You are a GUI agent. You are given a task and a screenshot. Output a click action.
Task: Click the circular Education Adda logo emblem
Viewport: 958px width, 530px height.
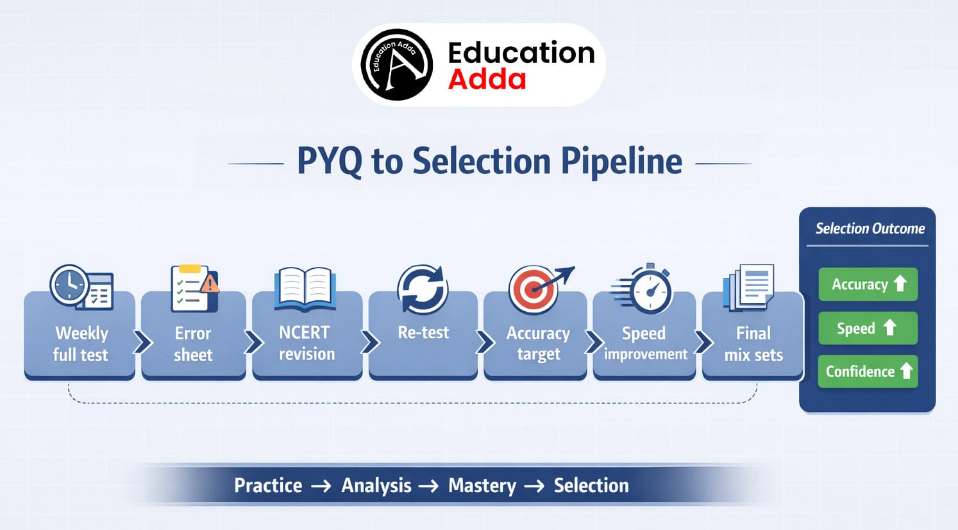pos(396,65)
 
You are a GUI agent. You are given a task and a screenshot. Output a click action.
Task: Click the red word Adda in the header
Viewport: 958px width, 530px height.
pos(487,80)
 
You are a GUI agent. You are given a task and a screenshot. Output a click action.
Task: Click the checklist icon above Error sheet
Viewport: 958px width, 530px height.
pos(194,288)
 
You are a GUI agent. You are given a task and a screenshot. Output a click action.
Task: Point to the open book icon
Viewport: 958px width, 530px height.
pos(305,289)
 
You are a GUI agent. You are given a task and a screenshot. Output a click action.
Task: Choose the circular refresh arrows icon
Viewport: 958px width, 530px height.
pos(423,289)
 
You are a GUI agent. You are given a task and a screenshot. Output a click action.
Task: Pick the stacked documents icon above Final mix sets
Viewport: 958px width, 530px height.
pos(748,287)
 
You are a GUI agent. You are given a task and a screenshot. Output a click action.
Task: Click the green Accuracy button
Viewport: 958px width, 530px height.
pos(868,284)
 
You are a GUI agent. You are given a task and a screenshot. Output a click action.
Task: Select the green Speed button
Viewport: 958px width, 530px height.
pos(868,329)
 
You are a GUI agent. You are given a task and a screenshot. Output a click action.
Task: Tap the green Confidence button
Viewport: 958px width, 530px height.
pos(868,372)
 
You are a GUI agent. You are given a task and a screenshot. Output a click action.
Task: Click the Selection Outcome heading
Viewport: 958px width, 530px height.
pos(870,228)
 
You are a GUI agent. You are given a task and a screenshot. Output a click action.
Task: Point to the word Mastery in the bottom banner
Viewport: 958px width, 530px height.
pos(482,486)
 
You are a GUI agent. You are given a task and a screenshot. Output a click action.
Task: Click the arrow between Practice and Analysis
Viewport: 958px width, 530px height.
pos(321,486)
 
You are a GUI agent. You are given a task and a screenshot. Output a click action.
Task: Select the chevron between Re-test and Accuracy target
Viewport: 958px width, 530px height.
pos(485,342)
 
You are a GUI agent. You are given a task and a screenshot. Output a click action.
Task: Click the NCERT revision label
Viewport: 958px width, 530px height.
pos(306,343)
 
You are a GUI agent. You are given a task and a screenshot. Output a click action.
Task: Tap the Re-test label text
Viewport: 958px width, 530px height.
pos(423,332)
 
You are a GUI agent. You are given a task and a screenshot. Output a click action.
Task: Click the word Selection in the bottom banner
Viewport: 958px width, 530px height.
pos(591,486)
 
